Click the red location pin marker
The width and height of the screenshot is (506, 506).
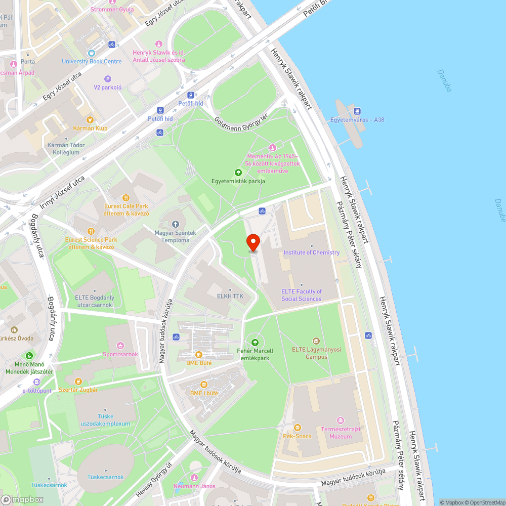click(x=252, y=242)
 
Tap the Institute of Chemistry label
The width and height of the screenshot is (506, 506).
click(x=311, y=252)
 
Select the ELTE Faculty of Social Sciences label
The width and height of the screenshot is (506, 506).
click(x=302, y=295)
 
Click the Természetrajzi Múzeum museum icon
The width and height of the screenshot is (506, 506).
click(x=341, y=420)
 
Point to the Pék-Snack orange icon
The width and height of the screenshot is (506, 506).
click(x=297, y=428)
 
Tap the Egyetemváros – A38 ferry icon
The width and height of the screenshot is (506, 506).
click(x=357, y=111)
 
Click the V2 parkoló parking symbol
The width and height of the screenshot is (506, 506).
click(x=107, y=78)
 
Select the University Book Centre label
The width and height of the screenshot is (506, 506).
click(x=92, y=62)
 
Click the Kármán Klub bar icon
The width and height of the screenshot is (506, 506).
click(x=90, y=120)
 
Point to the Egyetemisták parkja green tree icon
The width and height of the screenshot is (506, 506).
click(x=238, y=173)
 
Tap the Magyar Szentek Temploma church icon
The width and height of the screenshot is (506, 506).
click(x=175, y=224)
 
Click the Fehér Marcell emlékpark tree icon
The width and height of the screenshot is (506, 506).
click(x=255, y=343)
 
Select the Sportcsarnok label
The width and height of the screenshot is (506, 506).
click(x=120, y=354)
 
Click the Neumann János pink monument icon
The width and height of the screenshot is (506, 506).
click(x=193, y=478)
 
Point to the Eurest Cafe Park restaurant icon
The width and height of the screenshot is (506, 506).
click(x=126, y=197)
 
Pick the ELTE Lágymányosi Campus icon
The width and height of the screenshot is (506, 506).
click(x=317, y=341)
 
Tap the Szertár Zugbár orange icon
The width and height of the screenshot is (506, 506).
click(x=78, y=382)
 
